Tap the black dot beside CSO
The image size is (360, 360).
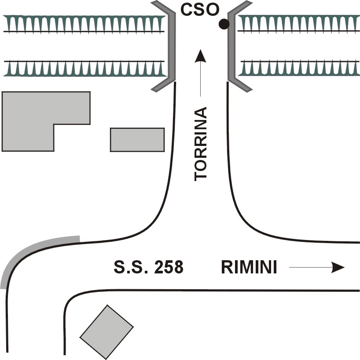tap(224, 25)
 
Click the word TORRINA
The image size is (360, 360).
tap(201, 143)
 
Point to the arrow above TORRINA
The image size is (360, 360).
tap(201, 73)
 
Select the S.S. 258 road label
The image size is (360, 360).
tap(148, 267)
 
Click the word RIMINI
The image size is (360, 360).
tap(249, 267)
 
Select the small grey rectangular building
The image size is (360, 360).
tap(137, 139)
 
